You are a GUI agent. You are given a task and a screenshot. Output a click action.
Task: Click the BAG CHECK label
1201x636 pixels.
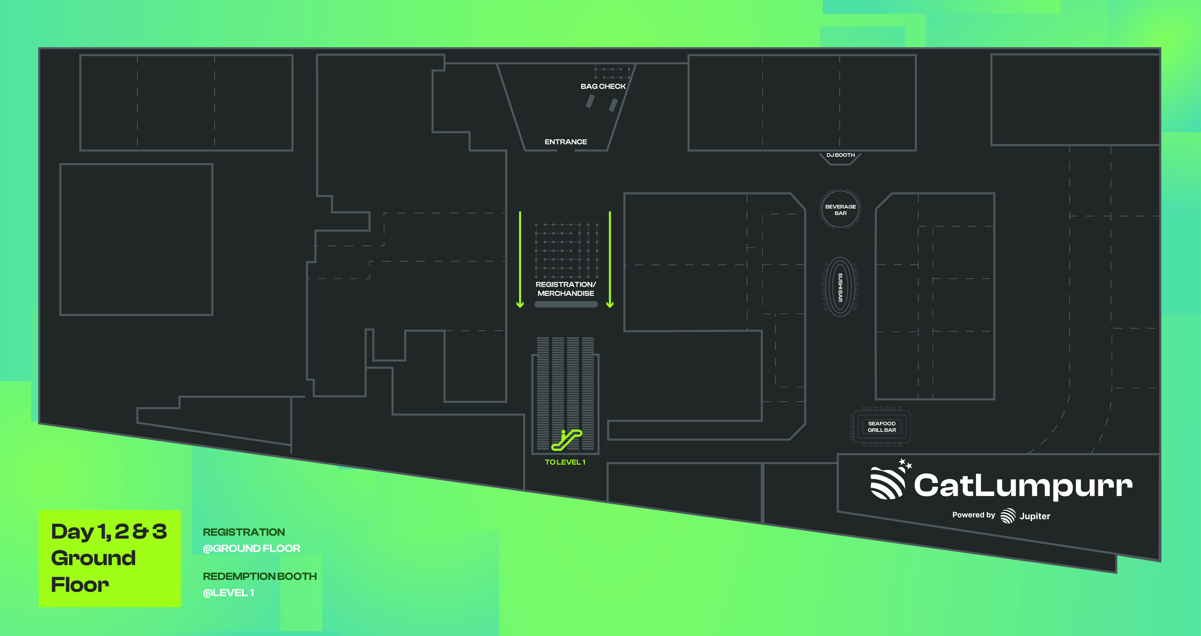(x=603, y=86)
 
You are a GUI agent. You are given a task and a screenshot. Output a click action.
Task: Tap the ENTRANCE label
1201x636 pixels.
(x=565, y=142)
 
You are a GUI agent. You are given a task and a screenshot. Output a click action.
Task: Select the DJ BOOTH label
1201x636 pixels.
(x=840, y=155)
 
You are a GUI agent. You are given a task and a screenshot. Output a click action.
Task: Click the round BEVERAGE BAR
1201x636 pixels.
(x=840, y=209)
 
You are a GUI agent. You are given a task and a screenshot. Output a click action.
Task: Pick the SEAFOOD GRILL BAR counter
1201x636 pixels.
(x=881, y=427)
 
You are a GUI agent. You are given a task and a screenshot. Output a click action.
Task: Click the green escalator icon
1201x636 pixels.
(x=566, y=440)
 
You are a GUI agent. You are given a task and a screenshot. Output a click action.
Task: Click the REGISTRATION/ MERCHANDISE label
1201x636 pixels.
(x=565, y=289)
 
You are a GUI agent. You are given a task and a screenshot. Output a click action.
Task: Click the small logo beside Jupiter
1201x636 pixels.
(x=1008, y=516)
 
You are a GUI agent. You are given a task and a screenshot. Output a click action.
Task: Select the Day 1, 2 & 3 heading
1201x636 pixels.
(x=109, y=532)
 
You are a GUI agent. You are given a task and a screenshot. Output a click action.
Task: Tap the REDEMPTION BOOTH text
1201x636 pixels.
(x=260, y=576)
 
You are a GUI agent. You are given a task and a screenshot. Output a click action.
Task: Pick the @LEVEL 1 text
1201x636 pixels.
(x=229, y=593)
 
